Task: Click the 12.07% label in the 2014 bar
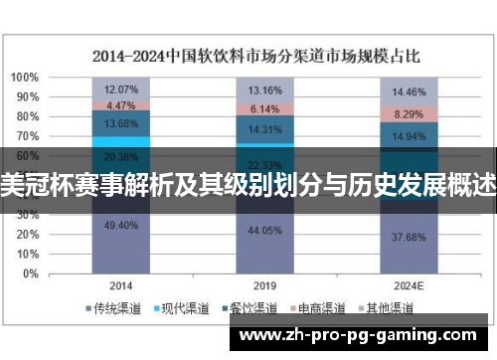pos(121,89)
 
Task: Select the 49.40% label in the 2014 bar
pos(121,225)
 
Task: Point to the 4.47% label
pos(121,104)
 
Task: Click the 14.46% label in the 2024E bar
pos(411,92)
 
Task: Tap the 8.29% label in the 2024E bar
pos(411,114)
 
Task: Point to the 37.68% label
pos(411,238)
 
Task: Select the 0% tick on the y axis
pos(32,272)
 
